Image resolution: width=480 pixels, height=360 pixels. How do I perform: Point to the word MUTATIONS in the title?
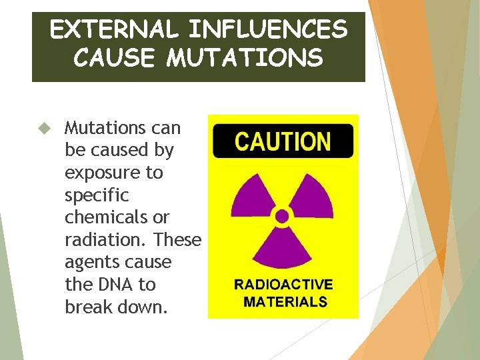click(x=245, y=58)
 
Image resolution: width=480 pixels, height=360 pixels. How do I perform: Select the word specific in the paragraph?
click(x=97, y=195)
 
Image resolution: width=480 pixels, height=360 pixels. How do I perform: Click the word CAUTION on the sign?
click(x=283, y=142)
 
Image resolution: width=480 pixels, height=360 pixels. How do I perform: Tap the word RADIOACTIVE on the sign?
click(x=283, y=285)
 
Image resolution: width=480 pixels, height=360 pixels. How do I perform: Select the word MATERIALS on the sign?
click(x=285, y=301)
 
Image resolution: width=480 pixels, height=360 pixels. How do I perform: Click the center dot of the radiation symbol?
click(x=283, y=216)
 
